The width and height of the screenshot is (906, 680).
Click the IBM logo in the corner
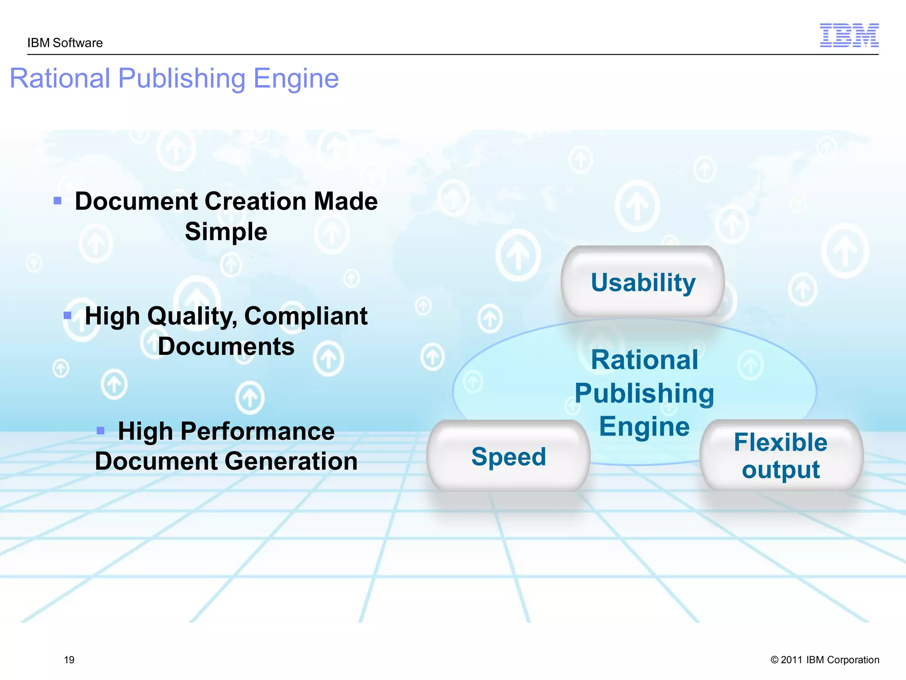click(849, 35)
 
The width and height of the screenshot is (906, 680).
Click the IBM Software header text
click(65, 43)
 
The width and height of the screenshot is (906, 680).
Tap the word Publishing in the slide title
click(182, 79)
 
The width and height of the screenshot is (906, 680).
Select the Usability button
click(643, 282)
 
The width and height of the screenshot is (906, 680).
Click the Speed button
click(508, 456)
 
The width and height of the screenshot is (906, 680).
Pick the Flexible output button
click(781, 456)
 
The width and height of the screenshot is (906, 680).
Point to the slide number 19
click(69, 660)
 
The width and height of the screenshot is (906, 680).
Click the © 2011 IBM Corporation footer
click(825, 660)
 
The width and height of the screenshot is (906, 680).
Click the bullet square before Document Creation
click(58, 201)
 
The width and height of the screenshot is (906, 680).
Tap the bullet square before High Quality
click(68, 316)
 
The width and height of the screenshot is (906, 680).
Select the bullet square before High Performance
click(100, 430)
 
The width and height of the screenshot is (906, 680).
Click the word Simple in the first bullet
click(226, 232)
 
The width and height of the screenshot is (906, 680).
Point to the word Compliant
click(306, 316)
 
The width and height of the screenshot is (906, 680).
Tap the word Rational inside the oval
click(645, 359)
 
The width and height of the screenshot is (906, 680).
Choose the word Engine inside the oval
click(644, 426)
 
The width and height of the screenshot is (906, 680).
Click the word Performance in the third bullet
click(257, 431)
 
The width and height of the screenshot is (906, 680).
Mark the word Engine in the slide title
click(296, 79)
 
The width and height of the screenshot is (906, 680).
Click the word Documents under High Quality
click(226, 347)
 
